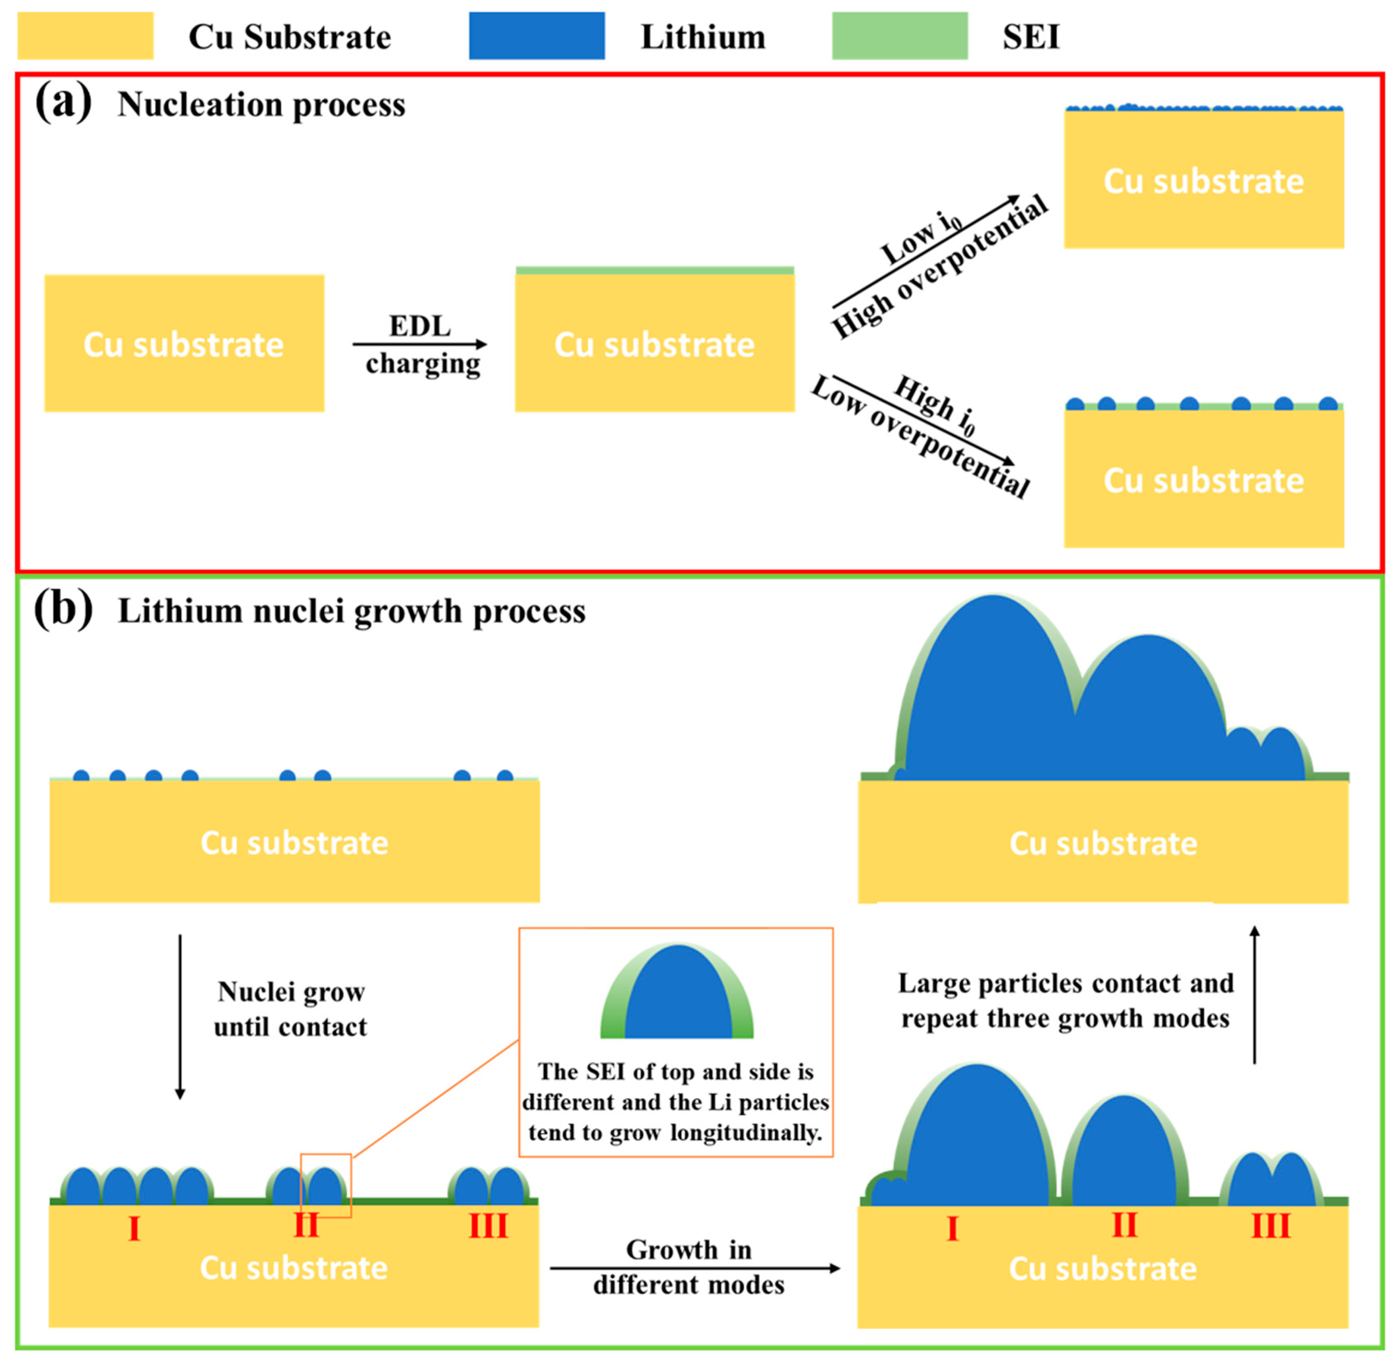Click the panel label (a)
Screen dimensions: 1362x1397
pos(63,102)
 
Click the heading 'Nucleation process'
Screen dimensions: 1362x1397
pos(261,105)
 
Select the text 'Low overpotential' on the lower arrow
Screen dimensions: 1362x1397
pos(919,438)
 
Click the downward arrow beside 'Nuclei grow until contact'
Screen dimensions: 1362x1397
pos(180,1016)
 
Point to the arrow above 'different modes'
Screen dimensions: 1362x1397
pos(694,1268)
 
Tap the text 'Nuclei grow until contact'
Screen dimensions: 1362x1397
pos(291,1009)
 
